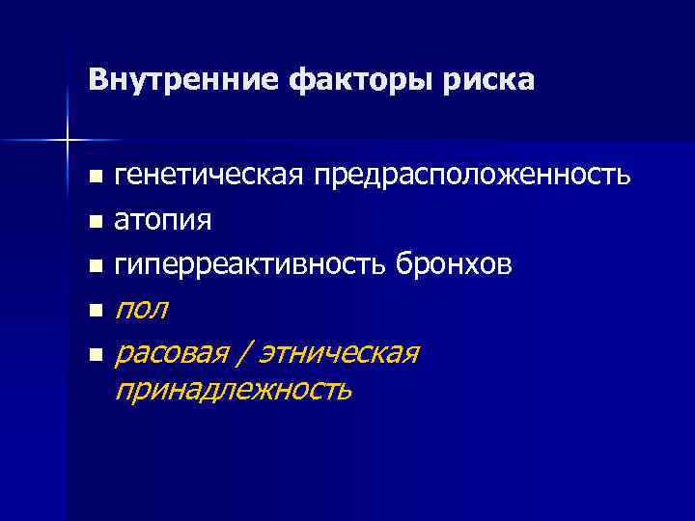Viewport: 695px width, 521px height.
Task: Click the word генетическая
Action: [x=207, y=176]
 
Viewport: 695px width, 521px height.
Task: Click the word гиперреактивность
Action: [x=251, y=263]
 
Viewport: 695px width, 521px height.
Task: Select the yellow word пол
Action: [x=141, y=310]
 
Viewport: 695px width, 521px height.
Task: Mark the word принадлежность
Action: [x=234, y=391]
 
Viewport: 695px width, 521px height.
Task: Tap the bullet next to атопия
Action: [x=94, y=222]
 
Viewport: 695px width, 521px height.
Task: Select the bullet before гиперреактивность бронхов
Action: [x=94, y=265]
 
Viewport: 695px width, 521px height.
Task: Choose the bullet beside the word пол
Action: [x=94, y=311]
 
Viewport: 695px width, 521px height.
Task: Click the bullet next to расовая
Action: [x=94, y=355]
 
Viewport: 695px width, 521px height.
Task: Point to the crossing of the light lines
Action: [x=68, y=141]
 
